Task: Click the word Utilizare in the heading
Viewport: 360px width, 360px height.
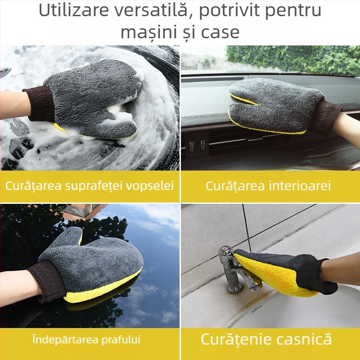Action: tap(72, 11)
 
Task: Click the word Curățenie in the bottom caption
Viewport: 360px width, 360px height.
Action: tap(235, 339)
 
